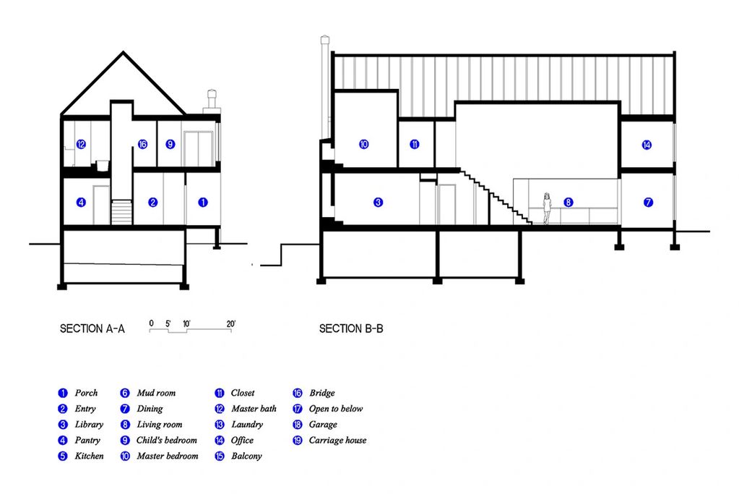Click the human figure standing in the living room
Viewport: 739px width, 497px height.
coord(547,208)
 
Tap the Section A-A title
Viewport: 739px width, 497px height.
coord(92,328)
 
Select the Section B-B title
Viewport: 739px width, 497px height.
coord(351,328)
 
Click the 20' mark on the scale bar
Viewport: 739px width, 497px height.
coord(230,324)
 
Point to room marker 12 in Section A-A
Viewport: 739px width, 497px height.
coord(81,144)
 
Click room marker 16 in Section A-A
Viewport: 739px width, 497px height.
coord(142,144)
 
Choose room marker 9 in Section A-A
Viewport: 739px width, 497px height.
coord(170,144)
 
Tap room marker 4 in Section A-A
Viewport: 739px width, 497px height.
coord(81,202)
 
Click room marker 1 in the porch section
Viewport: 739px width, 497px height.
coord(203,202)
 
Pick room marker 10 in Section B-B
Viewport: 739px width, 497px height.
coord(363,144)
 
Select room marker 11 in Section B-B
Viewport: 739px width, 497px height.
coord(414,144)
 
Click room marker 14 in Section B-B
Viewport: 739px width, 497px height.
coord(647,145)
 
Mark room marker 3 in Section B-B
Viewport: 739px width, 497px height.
coord(378,202)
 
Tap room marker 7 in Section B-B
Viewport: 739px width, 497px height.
coord(648,202)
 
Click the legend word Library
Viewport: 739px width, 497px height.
coord(89,425)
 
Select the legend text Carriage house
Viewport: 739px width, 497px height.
coord(337,441)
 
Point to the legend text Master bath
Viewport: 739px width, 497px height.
coord(254,409)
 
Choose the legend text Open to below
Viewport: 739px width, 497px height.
coord(336,409)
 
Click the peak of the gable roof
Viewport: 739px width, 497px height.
coord(124,52)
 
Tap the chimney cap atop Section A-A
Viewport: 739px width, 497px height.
coord(212,92)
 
